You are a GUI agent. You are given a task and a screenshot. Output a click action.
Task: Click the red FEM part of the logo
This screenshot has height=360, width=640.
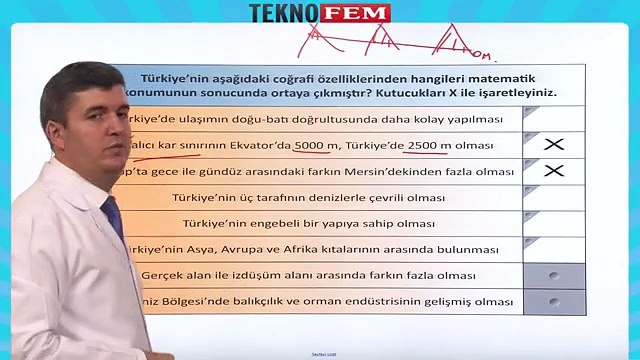[363, 13]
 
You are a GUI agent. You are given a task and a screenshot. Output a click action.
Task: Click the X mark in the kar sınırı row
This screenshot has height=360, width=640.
[553, 146]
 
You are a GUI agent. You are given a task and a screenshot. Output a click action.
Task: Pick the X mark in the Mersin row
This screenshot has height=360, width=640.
[553, 171]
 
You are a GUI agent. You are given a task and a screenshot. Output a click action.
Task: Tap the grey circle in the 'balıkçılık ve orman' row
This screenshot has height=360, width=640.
[553, 301]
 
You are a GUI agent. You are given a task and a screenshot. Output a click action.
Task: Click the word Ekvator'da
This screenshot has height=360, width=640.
[264, 146]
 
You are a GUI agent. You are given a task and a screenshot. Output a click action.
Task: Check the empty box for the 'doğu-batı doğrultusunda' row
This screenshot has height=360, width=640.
[553, 119]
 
